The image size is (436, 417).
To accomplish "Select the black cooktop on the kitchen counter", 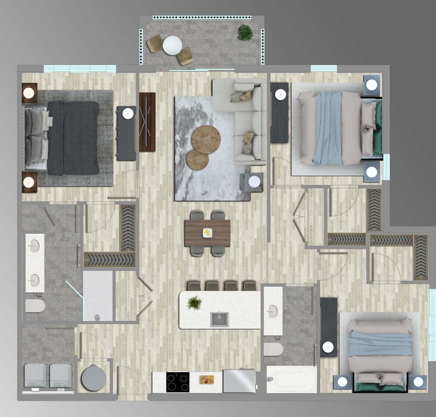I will tap(177, 381).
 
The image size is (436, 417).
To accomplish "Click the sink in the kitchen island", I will tap(219, 319).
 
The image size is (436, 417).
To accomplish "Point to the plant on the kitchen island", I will tap(194, 302).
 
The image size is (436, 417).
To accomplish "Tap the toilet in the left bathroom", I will tap(35, 305).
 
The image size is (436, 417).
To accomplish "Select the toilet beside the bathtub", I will tap(274, 349).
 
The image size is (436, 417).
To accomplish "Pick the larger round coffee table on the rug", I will tap(206, 138).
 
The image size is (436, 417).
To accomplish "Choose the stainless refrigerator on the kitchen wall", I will tap(239, 381).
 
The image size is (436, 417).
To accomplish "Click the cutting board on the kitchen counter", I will tap(207, 379).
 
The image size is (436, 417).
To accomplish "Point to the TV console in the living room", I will tap(147, 122).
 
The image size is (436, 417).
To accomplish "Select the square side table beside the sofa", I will tap(251, 182).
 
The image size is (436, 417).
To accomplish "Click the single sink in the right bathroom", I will tap(272, 311).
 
